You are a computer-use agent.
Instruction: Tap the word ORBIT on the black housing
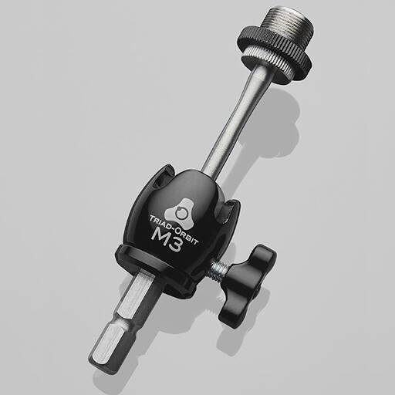[186, 236]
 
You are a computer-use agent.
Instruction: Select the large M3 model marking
[167, 240]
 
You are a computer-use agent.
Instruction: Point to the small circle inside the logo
[180, 212]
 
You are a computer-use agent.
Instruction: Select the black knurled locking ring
[275, 52]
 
